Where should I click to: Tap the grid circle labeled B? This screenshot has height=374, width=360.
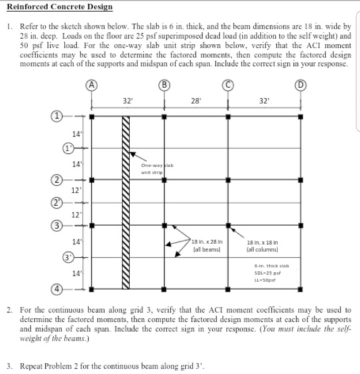(x=165, y=86)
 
